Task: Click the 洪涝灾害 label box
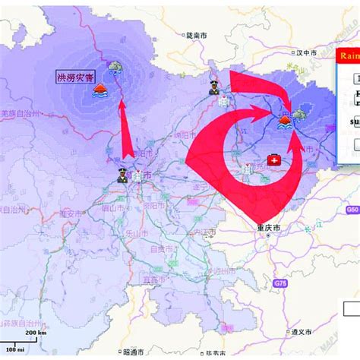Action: point(74,77)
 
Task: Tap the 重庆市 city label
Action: point(266,227)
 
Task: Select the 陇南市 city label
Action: point(197,35)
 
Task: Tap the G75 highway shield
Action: point(278,283)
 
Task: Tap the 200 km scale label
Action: point(35,333)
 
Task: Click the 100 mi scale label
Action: point(17,349)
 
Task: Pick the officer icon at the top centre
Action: point(215,87)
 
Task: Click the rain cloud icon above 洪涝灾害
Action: point(115,68)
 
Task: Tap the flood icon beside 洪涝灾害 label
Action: point(99,90)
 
